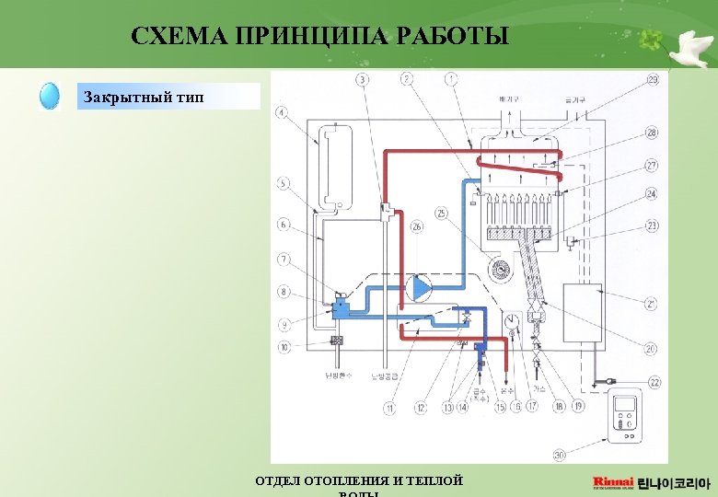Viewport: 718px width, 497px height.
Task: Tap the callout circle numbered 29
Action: (652, 80)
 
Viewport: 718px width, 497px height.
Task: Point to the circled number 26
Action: (416, 226)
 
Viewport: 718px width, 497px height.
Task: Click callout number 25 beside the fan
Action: (442, 213)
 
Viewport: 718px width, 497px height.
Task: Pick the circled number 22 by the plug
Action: (654, 382)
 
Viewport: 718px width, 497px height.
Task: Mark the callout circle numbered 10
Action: (284, 347)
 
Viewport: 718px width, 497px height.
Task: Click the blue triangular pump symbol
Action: (422, 288)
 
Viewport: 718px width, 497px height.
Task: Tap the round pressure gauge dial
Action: (511, 322)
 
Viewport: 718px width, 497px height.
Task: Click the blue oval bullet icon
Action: (50, 97)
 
